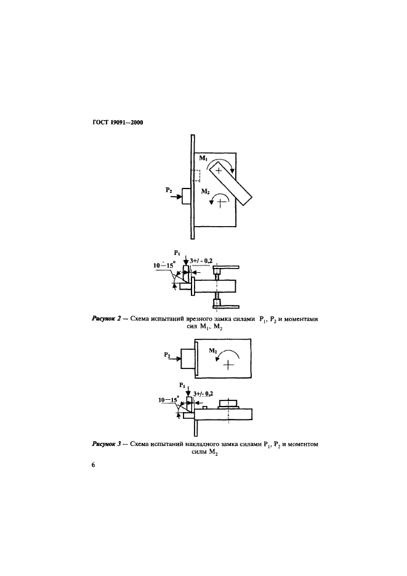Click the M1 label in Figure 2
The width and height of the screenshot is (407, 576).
[x=202, y=160]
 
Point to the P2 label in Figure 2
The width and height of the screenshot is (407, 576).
[x=169, y=192]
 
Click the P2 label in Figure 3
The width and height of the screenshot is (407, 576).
[x=168, y=355]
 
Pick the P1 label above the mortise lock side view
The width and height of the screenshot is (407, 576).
[x=177, y=253]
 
